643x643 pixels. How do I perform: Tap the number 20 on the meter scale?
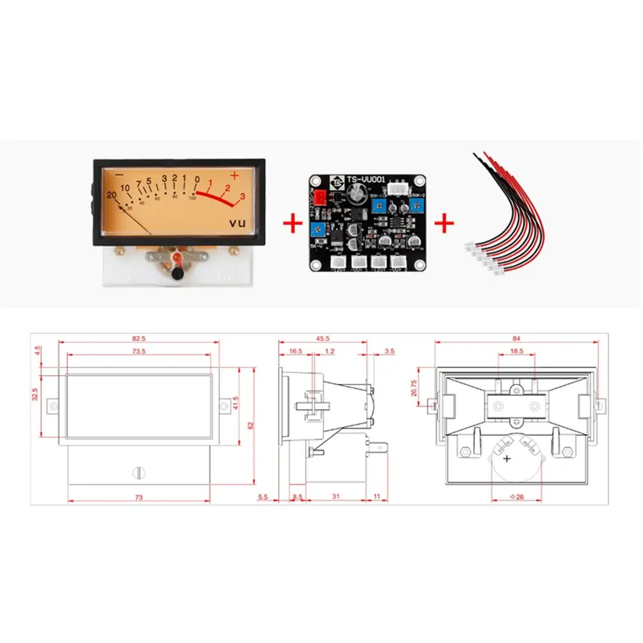[x=112, y=195]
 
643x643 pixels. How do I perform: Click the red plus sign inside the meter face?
[x=234, y=175]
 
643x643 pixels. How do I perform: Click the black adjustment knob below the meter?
[x=179, y=274]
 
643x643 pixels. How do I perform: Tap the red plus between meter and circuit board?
[x=292, y=224]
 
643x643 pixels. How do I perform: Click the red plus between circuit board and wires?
[x=444, y=224]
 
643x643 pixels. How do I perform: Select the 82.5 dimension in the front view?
[x=139, y=338]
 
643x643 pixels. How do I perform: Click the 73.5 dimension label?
[x=139, y=351]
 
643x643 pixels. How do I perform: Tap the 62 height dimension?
[x=251, y=425]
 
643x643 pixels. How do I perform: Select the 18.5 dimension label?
[x=516, y=351]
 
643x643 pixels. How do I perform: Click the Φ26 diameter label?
[x=516, y=497]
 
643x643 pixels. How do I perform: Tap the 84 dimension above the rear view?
[x=516, y=338]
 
